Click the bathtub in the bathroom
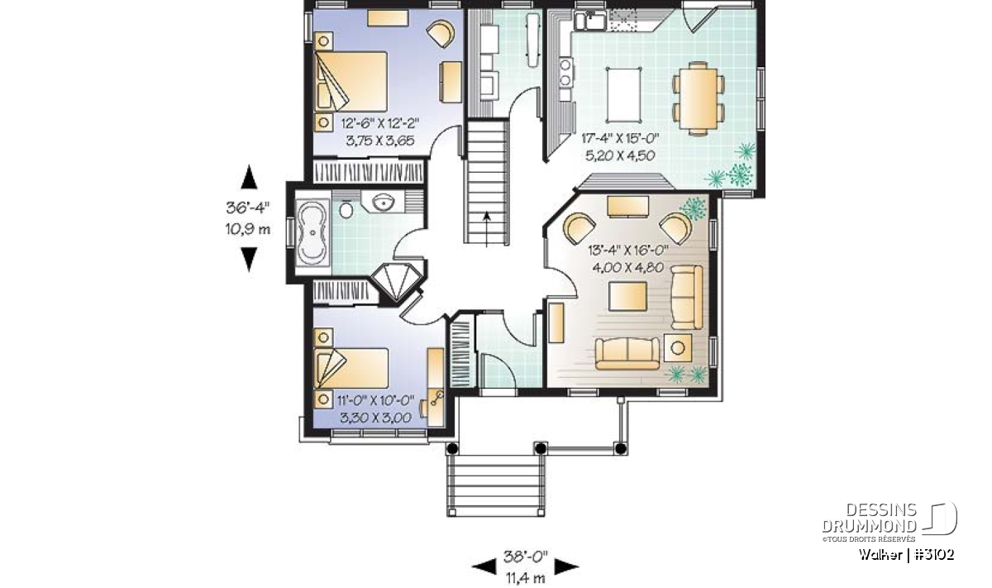click(312, 232)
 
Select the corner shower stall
click(395, 282)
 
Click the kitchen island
click(623, 94)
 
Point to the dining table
click(699, 98)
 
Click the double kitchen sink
click(590, 22)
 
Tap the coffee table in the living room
click(627, 296)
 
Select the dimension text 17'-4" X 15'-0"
click(621, 139)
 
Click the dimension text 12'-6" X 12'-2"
click(380, 122)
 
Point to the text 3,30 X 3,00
click(375, 418)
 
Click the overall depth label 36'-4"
click(248, 208)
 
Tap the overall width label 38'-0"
click(526, 556)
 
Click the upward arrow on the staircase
click(487, 228)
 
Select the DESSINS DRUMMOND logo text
click(869, 518)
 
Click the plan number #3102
click(934, 555)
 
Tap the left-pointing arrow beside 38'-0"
click(484, 566)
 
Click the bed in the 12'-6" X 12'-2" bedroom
click(351, 82)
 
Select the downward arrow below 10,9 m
click(249, 259)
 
